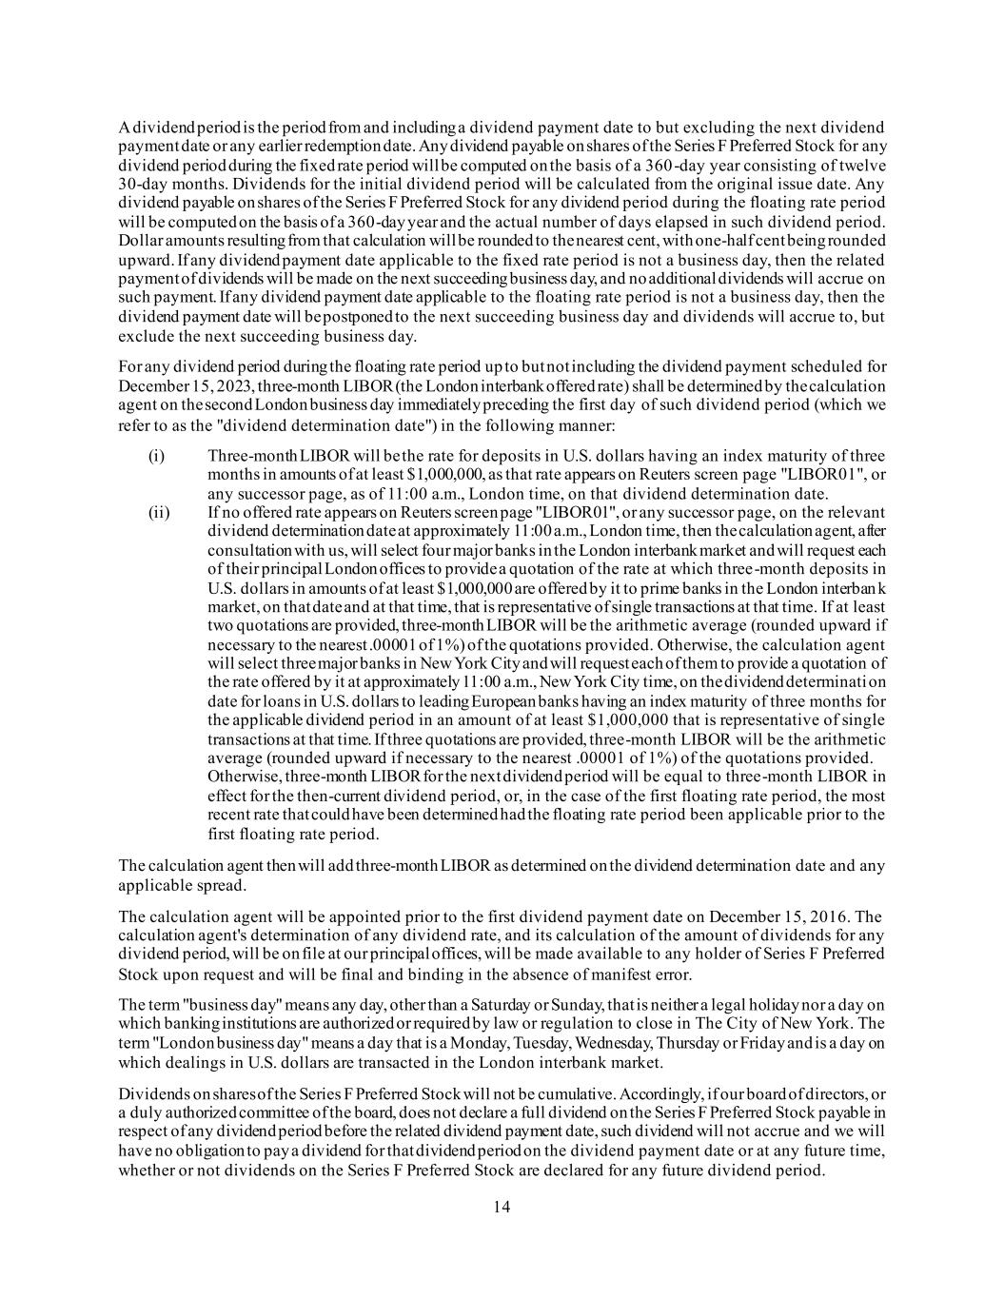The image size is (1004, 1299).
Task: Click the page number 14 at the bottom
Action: click(x=502, y=1207)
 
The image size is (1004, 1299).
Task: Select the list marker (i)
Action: click(x=158, y=455)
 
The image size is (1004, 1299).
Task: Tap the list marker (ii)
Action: click(x=160, y=513)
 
